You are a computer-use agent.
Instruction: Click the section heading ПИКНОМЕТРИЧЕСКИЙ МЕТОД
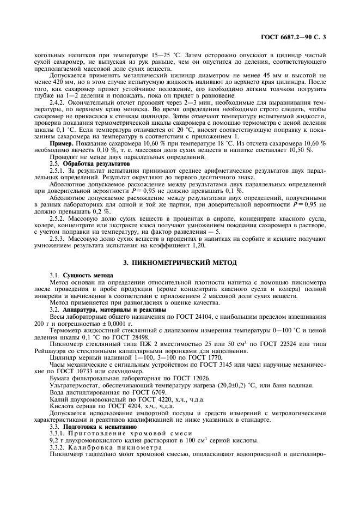pyautogui.click(x=180, y=263)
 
